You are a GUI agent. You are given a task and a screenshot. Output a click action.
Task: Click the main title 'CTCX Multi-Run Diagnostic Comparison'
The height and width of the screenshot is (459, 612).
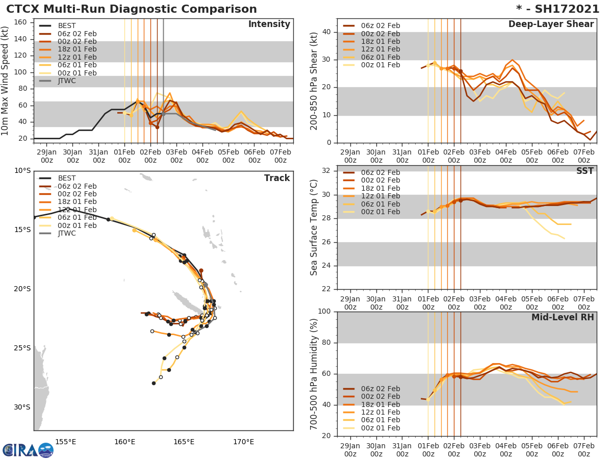coord(132,9)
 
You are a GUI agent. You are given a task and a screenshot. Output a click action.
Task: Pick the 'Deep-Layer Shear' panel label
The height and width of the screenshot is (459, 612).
coord(551,24)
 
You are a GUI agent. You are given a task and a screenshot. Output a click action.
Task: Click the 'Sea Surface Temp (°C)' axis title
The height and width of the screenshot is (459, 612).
coord(314,227)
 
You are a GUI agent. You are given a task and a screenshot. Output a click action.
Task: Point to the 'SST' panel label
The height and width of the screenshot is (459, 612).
coord(584,171)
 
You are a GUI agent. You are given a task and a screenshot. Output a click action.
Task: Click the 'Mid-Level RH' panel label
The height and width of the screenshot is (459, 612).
coord(563,318)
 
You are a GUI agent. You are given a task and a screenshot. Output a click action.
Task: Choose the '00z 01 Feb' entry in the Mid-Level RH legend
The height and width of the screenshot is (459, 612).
coord(380,428)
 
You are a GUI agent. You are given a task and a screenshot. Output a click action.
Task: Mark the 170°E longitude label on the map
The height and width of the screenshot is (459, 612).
coord(243,442)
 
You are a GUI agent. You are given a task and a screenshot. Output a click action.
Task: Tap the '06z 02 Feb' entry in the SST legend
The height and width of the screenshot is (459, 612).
coord(380,172)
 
